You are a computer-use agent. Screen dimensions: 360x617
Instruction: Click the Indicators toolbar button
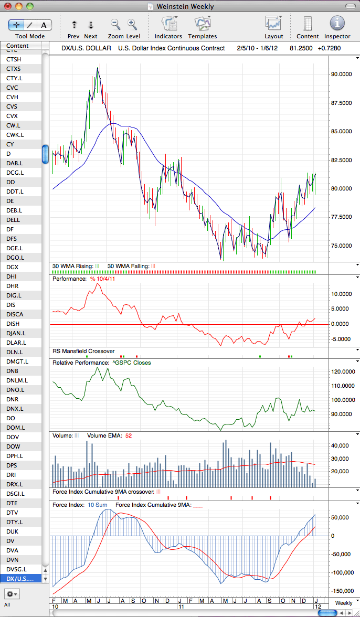coord(168,24)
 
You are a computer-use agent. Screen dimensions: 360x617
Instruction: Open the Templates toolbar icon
coord(202,24)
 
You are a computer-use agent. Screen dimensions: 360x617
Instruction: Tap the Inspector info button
coord(337,24)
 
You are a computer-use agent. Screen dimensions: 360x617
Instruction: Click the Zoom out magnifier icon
coord(115,24)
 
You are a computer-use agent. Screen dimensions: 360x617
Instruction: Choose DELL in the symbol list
coord(13,219)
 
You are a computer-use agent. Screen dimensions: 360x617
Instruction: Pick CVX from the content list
coord(12,116)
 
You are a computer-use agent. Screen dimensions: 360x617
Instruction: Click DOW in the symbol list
coord(13,446)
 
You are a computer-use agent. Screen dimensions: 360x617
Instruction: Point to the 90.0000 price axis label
coord(341,74)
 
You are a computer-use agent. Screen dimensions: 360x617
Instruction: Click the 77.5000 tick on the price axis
coord(341,217)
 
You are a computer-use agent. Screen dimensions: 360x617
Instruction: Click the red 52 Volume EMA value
coord(129,435)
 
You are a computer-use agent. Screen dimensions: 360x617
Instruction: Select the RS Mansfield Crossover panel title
coord(83,351)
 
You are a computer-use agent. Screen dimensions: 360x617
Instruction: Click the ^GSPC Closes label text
coord(130,363)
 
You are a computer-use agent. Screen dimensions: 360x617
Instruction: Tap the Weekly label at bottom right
coord(344,603)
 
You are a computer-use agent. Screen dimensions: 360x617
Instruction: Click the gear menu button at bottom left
coord(12,593)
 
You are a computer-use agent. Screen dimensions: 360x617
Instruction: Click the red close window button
coord(7,6)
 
